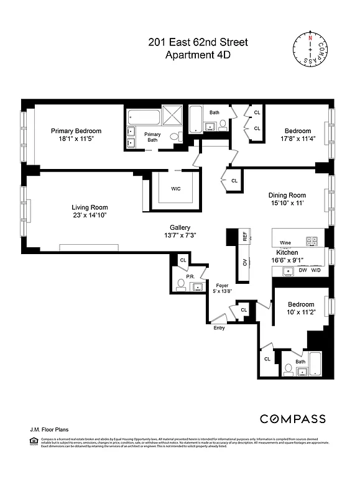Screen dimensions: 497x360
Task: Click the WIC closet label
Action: point(176,189)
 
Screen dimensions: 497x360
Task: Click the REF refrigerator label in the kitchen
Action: point(245,236)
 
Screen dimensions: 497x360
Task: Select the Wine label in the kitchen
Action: point(285,243)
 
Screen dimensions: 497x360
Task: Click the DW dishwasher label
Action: point(303,271)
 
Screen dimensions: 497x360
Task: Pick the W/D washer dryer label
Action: point(316,271)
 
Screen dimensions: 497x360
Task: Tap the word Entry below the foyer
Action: point(219,327)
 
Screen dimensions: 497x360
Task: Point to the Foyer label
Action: point(222,286)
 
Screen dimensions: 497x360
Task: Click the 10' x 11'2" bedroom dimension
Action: point(301,314)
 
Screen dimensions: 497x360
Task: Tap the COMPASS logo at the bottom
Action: point(292,419)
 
